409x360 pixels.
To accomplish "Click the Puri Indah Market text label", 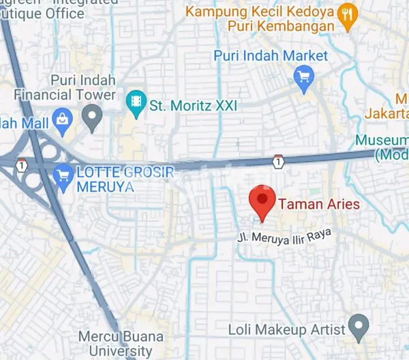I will point(271,56).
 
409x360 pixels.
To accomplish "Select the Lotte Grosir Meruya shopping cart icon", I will point(63,172).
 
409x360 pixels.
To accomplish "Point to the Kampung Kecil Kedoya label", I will point(260,12).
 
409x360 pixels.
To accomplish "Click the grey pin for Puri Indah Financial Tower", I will point(91,119).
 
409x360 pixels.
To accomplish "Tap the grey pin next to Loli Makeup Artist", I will point(357,327).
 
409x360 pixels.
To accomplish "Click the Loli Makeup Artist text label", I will point(287,329).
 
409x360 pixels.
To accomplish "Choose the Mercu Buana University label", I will point(115,344).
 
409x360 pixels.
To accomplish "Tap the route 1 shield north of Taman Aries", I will point(277,162).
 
